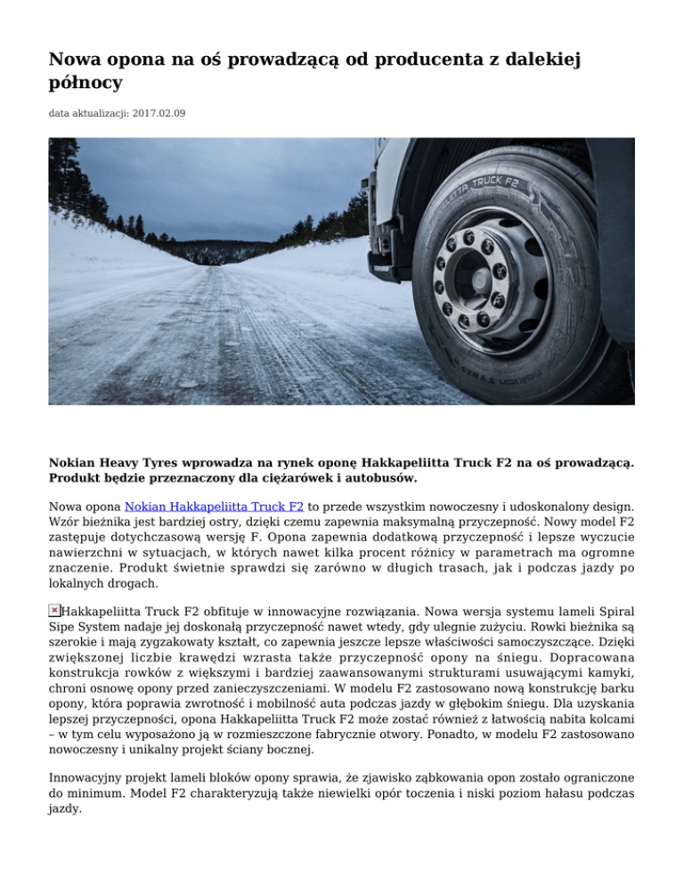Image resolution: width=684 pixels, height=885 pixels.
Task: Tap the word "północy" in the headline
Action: [x=85, y=85]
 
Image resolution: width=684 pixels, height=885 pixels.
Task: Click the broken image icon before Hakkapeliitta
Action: [x=54, y=610]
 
